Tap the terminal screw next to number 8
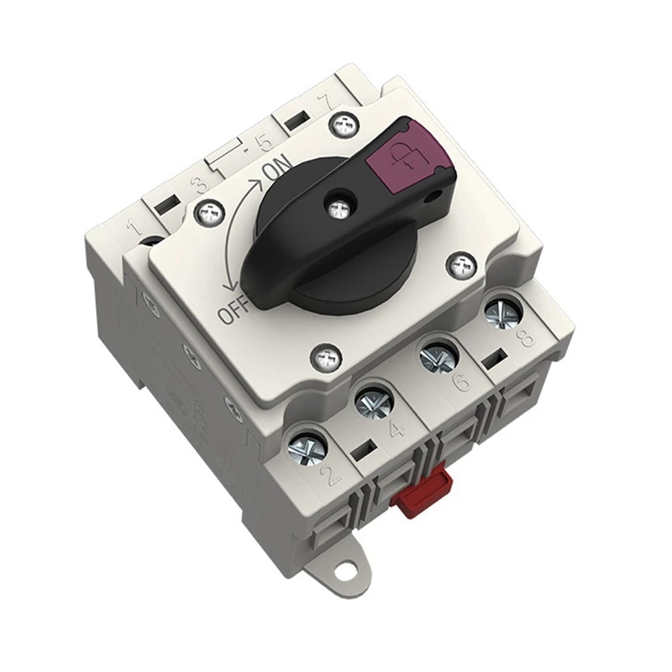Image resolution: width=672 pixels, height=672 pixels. [504, 311]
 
